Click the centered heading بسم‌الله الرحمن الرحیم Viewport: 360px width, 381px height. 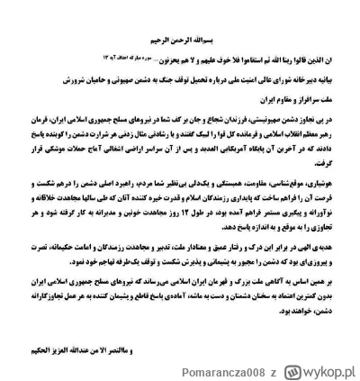click(179, 39)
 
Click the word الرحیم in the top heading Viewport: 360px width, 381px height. click(158, 39)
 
